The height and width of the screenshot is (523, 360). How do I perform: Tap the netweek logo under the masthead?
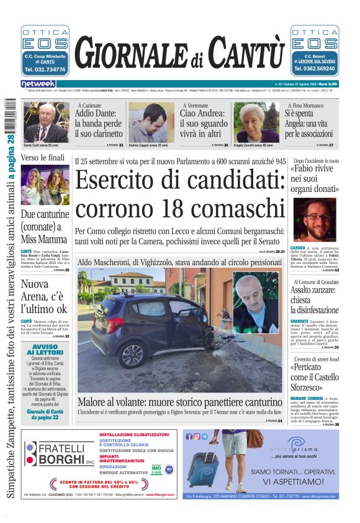38,84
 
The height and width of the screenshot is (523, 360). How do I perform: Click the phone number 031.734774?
45,70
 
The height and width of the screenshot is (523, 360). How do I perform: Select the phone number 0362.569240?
315,70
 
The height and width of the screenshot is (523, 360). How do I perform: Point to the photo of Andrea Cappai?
151,122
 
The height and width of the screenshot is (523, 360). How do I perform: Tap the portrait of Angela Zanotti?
256,122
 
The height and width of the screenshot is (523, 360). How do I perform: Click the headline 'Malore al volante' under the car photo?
179,402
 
